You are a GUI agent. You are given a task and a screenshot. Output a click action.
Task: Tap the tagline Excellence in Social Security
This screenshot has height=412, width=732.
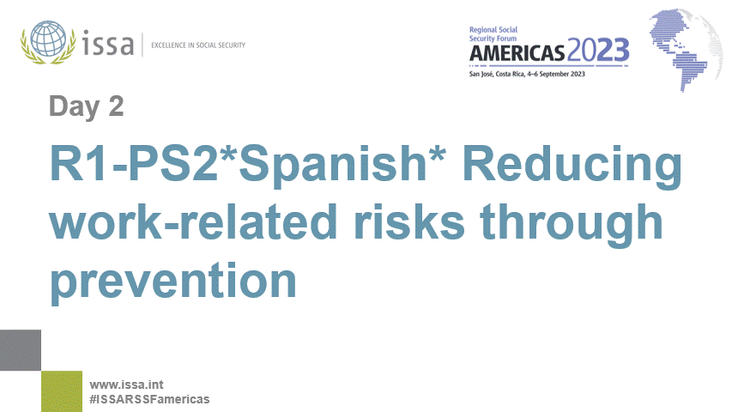click(x=198, y=45)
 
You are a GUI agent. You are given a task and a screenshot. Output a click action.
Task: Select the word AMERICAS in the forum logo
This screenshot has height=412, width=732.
click(x=517, y=52)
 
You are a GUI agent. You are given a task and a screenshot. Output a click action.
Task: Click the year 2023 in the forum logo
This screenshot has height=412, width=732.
click(x=598, y=51)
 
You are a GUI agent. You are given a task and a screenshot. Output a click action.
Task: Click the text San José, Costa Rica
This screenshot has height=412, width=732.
click(x=499, y=74)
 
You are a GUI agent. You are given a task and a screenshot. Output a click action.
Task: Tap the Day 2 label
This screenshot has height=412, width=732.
click(x=86, y=106)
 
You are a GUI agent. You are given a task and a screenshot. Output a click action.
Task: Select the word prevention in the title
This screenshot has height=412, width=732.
click(x=172, y=282)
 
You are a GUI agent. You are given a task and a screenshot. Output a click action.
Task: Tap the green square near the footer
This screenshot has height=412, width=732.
click(x=62, y=391)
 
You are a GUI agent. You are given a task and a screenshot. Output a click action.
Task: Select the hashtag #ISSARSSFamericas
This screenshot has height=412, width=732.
click(x=149, y=400)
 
